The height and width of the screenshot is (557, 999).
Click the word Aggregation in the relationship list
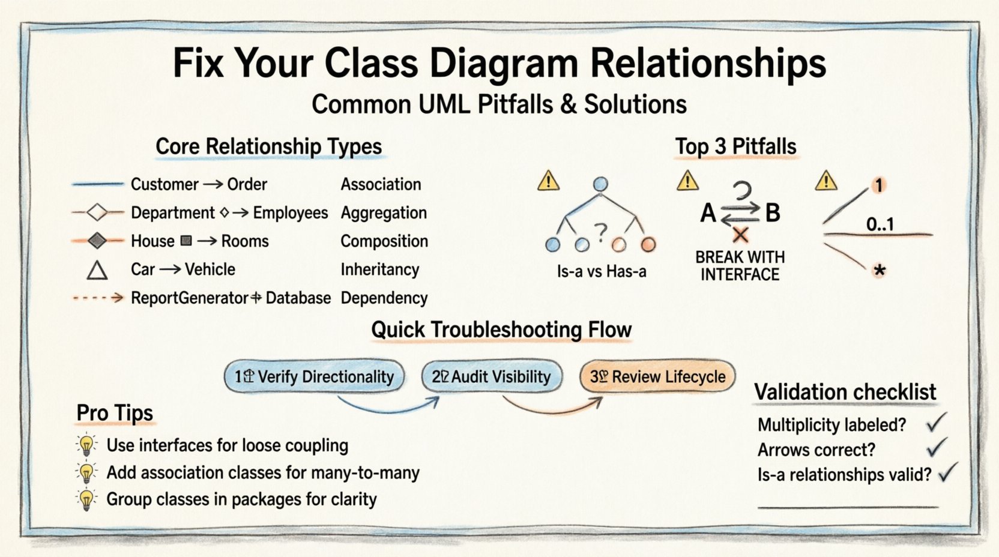384,213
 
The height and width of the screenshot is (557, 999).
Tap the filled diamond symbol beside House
97,241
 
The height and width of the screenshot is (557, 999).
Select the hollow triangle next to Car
97,271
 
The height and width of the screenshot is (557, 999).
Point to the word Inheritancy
379,269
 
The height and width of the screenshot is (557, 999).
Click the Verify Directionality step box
315,377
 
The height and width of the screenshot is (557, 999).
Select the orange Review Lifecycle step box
657,377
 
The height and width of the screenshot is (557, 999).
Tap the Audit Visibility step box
492,377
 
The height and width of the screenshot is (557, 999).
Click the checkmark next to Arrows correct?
935,448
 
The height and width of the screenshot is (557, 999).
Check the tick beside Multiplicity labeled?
935,423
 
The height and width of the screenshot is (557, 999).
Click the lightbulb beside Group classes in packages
87,499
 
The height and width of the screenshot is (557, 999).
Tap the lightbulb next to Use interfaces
87,445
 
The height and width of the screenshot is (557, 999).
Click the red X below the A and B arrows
740,235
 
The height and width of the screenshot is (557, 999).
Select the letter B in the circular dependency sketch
773,213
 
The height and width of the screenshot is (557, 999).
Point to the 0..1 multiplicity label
880,224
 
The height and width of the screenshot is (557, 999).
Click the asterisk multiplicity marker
880,271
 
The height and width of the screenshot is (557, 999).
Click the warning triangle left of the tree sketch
549,181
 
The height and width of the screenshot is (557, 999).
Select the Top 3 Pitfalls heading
735,146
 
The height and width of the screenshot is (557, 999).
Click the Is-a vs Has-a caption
601,272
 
